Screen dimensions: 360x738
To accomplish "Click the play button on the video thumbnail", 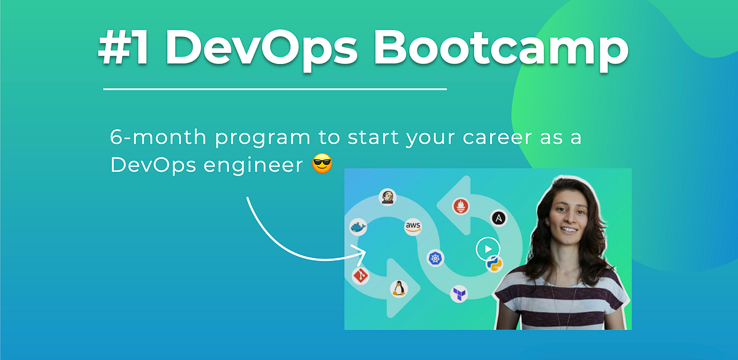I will point(487,249).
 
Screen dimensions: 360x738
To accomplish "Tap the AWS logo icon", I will point(413,227).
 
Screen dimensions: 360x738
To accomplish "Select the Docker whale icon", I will point(357,228).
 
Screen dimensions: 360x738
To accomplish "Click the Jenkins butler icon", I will point(387,197).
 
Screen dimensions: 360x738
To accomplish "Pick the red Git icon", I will point(360,276).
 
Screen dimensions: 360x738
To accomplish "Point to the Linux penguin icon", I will point(399,288).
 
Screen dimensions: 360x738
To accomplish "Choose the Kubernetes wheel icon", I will point(436,259).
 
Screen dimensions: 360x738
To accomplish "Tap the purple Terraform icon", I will point(459,294).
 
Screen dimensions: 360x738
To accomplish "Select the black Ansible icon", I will point(499,218).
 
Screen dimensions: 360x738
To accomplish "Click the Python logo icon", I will point(494,265).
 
